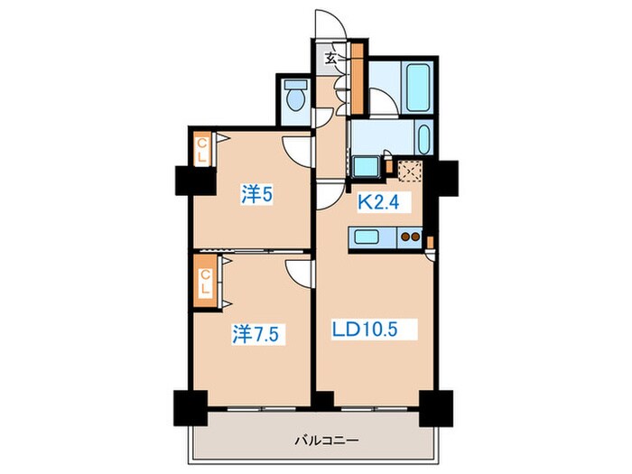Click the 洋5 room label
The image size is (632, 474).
[256, 194]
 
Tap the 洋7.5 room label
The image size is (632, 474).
[256, 334]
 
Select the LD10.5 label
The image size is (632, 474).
[365, 330]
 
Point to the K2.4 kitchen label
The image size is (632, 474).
[378, 202]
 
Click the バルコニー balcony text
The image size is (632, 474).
[326, 441]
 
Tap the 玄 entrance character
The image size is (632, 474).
[331, 59]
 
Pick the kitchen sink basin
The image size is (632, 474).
[367, 237]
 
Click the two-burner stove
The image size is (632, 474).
[410, 237]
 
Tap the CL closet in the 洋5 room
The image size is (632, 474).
[202, 150]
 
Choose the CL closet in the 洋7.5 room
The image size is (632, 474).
[205, 282]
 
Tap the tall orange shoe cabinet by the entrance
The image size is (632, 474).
[358, 79]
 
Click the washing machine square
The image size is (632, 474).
[367, 166]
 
